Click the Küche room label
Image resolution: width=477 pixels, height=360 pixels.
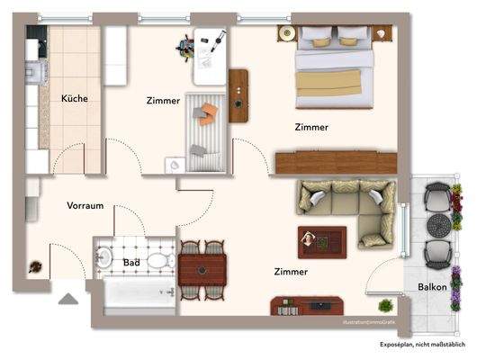pos(74,98)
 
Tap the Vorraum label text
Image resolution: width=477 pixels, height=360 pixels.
pos(85,205)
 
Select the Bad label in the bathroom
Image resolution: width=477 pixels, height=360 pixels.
pos(130,263)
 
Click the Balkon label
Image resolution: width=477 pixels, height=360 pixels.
pos(432,287)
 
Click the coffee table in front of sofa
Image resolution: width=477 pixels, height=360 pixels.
pos(322,240)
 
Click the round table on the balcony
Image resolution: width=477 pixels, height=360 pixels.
pos(437,223)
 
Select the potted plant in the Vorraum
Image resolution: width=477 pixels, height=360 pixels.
pos(35,266)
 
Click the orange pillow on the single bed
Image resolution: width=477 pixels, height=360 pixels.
pos(208,112)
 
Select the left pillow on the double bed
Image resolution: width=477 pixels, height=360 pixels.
pos(317,36)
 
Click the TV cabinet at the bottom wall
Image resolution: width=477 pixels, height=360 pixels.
pos(306,307)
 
